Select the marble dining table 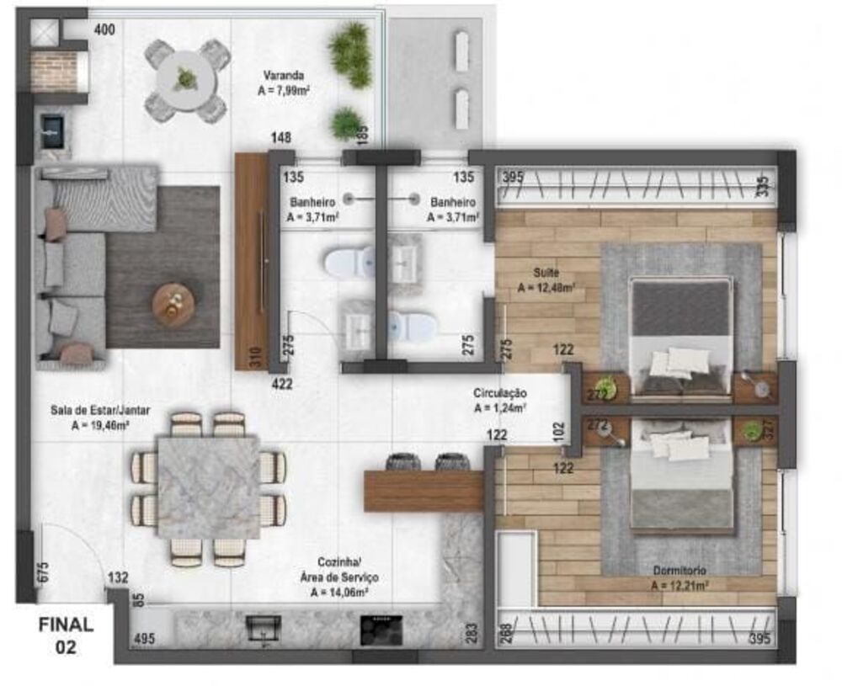coord(208,487)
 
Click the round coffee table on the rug coord(173,303)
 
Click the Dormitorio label coord(679,577)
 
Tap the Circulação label coord(499,400)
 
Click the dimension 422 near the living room coord(281,385)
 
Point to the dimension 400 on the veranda coord(104,30)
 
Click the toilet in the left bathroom coord(348,263)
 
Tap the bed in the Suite coord(680,337)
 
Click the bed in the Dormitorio coord(680,476)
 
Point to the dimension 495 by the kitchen coord(145,639)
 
